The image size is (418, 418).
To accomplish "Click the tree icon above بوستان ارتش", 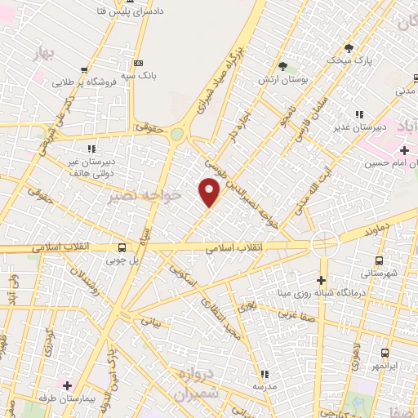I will coord(283,65).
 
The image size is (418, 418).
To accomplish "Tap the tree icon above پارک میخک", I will coord(349,48).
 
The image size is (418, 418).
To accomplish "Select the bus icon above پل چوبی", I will coord(122,247).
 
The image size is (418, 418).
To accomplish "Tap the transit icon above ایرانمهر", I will coord(385,353).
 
